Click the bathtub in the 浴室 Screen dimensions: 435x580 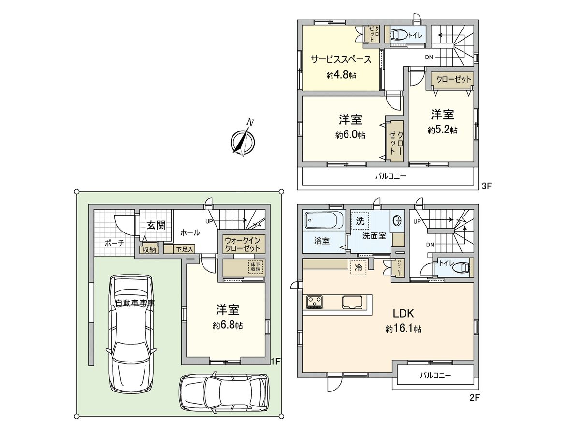(x=324, y=222)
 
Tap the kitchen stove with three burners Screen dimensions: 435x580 (x=315, y=302)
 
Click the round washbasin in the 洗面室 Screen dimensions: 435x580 (x=398, y=221)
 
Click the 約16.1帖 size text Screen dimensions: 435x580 (x=403, y=329)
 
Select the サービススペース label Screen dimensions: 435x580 (x=341, y=59)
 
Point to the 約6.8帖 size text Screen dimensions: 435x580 (x=227, y=326)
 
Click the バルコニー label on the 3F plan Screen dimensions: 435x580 (x=391, y=176)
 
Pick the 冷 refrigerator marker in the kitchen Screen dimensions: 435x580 (x=358, y=267)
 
